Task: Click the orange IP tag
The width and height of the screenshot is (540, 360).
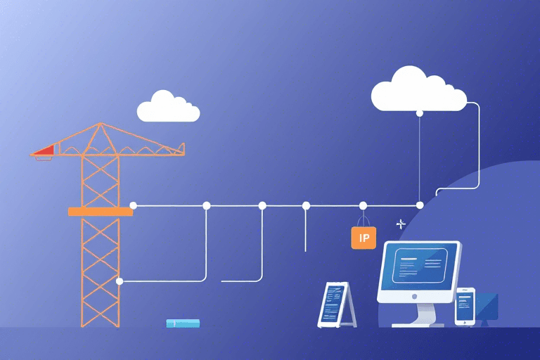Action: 364,238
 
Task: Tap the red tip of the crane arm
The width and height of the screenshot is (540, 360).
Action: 44,149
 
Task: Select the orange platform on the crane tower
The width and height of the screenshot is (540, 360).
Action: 100,211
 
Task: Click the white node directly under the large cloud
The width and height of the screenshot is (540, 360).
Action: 420,112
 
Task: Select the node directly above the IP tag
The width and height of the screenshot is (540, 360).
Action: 363,205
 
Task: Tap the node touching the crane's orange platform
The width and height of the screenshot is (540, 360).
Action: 134,205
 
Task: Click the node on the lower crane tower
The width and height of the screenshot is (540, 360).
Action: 120,281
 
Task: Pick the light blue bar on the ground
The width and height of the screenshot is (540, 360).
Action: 183,323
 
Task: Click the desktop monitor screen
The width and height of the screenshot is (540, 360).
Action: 419,266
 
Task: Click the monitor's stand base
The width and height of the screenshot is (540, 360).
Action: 419,324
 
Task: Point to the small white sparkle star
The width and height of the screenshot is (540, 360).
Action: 401,224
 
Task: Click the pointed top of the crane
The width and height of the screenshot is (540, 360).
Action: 100,125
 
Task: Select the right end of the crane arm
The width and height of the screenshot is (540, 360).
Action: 181,148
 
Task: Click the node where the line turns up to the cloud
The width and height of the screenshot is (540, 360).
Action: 420,205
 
